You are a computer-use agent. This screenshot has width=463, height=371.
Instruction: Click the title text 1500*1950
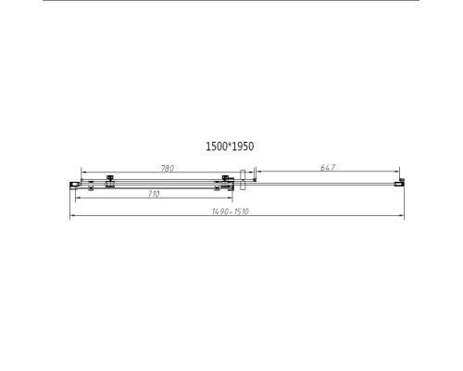click(230, 147)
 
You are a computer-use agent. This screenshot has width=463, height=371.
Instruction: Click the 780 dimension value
click(168, 168)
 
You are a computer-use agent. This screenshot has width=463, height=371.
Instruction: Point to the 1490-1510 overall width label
click(231, 212)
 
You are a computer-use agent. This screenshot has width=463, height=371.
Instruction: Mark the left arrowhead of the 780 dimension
click(83, 173)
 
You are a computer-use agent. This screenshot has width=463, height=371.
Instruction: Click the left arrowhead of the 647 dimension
click(257, 173)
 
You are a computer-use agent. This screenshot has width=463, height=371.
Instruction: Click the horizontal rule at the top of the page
click(231, 3)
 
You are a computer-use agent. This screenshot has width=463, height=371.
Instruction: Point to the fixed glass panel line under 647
click(324, 184)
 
